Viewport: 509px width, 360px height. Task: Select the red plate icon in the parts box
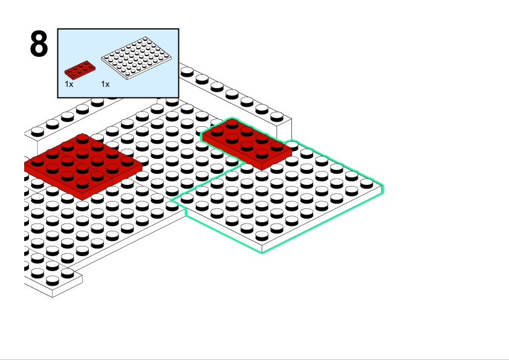pyautogui.click(x=80, y=69)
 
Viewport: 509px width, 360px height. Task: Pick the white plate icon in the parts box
pyautogui.click(x=137, y=58)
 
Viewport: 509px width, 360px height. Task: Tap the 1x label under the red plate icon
pyautogui.click(x=69, y=85)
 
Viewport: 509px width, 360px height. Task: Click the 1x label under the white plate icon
pyautogui.click(x=106, y=85)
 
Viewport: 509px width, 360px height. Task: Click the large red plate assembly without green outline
pyautogui.click(x=83, y=166)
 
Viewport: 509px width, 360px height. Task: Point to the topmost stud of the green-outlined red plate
pyautogui.click(x=232, y=124)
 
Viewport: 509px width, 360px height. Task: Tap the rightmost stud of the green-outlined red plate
pyautogui.click(x=277, y=146)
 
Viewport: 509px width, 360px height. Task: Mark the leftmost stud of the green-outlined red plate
pyautogui.click(x=217, y=131)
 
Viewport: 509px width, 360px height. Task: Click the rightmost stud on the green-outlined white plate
pyautogui.click(x=366, y=184)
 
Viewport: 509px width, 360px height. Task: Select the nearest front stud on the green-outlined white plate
pyautogui.click(x=262, y=236)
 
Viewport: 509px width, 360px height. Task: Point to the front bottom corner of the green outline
pyautogui.click(x=262, y=252)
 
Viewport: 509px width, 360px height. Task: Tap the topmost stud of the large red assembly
pyautogui.click(x=82, y=138)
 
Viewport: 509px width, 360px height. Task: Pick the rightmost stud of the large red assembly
pyautogui.click(x=127, y=161)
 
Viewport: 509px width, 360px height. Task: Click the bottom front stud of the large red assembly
pyautogui.click(x=82, y=184)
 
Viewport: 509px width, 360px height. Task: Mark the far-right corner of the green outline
pyautogui.click(x=383, y=188)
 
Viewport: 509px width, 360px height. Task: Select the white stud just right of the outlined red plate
pyautogui.click(x=292, y=144)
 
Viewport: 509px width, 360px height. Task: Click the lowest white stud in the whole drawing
pyautogui.click(x=53, y=280)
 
